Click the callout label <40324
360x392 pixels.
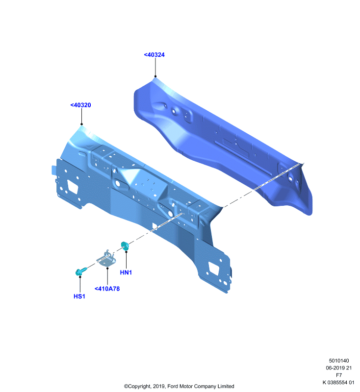154,55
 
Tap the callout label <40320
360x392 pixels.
80,105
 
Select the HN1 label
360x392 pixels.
126,272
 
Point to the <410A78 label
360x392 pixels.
107,289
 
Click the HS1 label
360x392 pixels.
79,296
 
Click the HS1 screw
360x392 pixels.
80,271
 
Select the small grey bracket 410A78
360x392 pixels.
107,259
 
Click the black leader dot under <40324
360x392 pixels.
155,76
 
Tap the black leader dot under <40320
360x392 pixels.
81,124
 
